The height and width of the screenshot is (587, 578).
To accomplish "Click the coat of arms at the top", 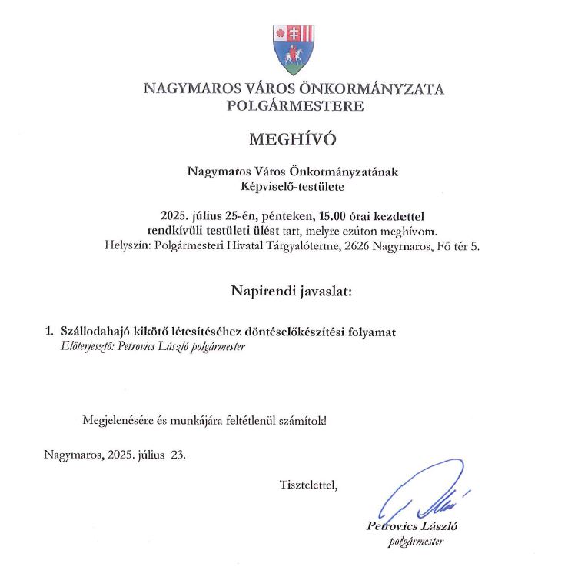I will pyautogui.click(x=294, y=48).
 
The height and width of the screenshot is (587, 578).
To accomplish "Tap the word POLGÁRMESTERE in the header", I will pyautogui.click(x=295, y=106).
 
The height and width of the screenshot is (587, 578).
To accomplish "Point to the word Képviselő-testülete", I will pyautogui.click(x=292, y=186).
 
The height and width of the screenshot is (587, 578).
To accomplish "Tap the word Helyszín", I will pyautogui.click(x=126, y=246).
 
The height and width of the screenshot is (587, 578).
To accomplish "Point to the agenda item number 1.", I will pyautogui.click(x=49, y=332).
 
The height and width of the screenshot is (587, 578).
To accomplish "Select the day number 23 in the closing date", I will pyautogui.click(x=178, y=454).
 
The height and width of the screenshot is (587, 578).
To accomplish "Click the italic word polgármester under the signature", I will pyautogui.click(x=417, y=542).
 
